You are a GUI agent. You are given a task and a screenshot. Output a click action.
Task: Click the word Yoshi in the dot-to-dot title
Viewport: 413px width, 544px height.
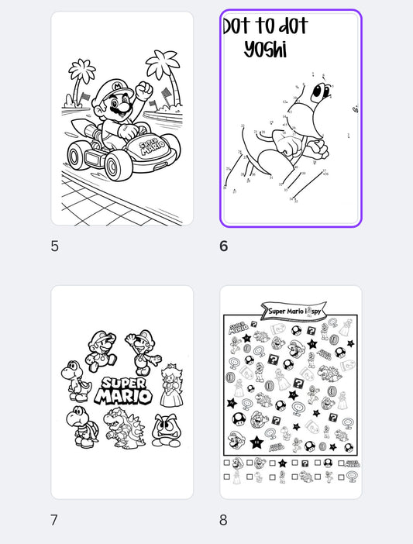click(265, 50)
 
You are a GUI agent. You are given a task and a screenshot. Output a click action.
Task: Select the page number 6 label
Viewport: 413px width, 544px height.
click(224, 246)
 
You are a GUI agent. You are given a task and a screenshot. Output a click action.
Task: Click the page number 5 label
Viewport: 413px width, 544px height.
click(54, 246)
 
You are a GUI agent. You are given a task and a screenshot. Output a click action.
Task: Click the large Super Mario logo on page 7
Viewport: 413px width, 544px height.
click(122, 391)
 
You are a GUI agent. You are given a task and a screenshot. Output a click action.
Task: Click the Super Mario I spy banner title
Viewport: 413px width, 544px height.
click(291, 311)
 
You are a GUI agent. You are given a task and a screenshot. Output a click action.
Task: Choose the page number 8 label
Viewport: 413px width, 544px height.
click(223, 520)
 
